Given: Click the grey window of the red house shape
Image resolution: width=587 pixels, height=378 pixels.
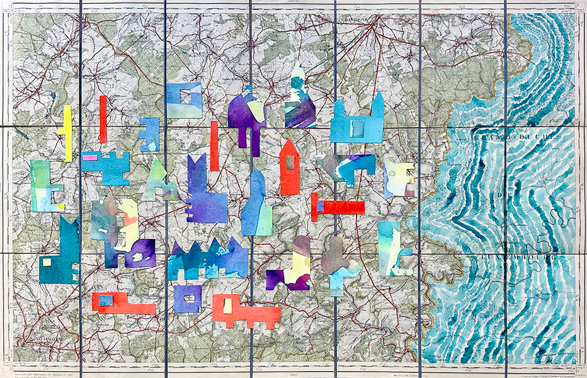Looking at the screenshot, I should click(x=290, y=162).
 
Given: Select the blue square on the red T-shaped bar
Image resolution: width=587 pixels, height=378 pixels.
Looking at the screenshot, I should click(x=321, y=206).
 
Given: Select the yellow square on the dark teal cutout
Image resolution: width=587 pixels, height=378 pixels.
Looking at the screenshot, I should click(x=45, y=261).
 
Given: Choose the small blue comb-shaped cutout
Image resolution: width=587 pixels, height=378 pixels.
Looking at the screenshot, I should click(x=149, y=134).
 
